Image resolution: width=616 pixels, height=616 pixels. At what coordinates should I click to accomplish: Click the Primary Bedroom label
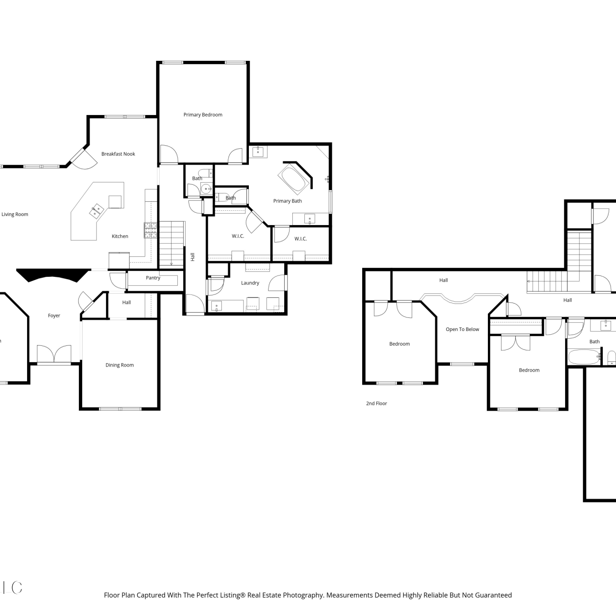click(x=203, y=115)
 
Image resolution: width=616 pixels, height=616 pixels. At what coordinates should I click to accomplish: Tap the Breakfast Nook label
click(x=118, y=154)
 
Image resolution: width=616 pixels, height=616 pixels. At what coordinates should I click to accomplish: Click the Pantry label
click(x=153, y=278)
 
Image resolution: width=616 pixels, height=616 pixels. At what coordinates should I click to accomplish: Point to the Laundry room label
click(x=250, y=283)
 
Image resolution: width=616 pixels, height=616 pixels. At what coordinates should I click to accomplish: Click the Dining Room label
click(x=120, y=365)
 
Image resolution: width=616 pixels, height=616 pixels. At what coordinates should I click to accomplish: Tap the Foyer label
click(x=54, y=315)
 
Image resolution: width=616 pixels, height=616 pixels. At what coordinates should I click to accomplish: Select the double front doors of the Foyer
click(x=54, y=354)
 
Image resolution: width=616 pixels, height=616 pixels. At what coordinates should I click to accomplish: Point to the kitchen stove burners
click(x=150, y=230)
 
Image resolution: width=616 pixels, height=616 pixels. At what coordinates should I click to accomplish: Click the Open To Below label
click(x=462, y=329)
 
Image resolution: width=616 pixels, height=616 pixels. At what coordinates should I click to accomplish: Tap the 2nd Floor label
click(x=377, y=403)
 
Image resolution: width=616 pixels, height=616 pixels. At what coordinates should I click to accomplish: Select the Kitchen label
click(x=120, y=236)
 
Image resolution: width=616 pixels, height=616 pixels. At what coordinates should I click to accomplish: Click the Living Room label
click(x=15, y=214)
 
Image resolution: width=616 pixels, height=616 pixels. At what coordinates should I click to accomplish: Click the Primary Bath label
click(x=287, y=201)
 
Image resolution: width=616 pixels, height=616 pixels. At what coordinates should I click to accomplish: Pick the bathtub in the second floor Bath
click(x=584, y=357)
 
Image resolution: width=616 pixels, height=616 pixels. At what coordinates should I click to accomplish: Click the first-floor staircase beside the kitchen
click(x=171, y=244)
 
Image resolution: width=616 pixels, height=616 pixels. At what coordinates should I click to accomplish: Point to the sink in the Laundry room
click(x=216, y=306)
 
